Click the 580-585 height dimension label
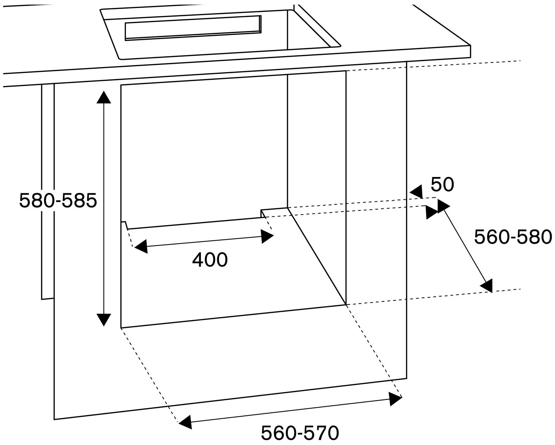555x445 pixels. (58, 200)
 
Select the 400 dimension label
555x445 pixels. (210, 260)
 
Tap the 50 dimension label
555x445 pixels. (442, 184)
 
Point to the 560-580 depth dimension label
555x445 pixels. (513, 237)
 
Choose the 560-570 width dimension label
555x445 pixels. (300, 433)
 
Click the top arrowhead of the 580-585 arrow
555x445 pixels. (104, 98)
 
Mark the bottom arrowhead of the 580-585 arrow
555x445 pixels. (104, 319)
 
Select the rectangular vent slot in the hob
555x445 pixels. (193, 28)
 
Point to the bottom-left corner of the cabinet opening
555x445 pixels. (121, 328)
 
